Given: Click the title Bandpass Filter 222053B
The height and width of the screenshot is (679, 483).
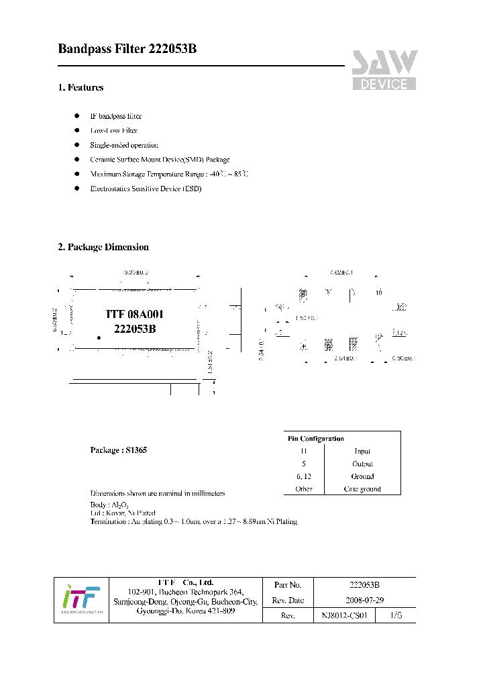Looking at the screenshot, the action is coord(127,49).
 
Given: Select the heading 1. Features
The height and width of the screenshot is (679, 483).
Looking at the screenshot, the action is coord(80,87).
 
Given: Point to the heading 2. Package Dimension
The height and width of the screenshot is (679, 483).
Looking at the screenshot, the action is coord(103,247).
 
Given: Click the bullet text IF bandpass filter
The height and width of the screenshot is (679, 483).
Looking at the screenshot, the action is coord(116,116).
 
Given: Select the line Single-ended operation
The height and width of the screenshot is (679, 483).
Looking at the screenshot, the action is coord(124,145).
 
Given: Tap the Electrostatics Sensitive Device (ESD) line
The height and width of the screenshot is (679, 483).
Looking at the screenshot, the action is coord(146,189).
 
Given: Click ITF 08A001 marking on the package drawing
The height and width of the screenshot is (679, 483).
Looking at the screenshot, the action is coord(135,314).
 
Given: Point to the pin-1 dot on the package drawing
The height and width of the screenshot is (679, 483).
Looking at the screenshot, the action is coord(99,338).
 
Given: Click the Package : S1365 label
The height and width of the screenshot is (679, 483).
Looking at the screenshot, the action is coord(118,450).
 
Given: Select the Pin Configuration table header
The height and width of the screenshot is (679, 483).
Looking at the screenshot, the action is coord(315,439).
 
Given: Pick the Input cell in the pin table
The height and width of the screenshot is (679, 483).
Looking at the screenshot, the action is coord(362,452).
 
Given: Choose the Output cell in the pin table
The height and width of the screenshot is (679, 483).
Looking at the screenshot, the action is coord(362,464).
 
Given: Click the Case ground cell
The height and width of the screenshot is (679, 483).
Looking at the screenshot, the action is coord(362,489).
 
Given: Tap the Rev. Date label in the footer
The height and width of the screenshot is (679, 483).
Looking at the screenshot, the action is coord(289,600).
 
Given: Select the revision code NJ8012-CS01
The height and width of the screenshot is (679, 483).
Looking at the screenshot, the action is coord(344,615).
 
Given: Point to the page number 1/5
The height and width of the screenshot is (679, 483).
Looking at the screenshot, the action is coord(396,615).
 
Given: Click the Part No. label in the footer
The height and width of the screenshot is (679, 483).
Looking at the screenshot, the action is coord(288,585).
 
